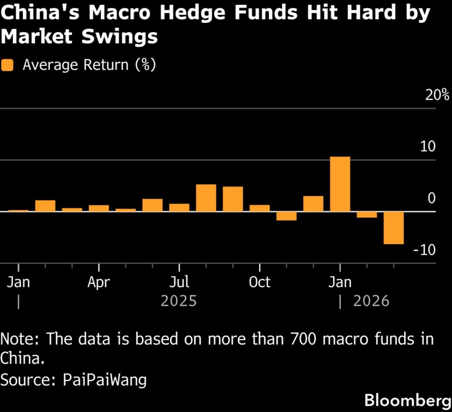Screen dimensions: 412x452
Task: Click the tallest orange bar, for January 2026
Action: pos(340,184)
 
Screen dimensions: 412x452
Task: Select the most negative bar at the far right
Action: pos(393,228)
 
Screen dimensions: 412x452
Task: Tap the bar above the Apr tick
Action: pos(99,208)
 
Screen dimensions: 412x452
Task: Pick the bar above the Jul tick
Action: pos(179,207)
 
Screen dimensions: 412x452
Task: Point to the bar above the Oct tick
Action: pos(260,208)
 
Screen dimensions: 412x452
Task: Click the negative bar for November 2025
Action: pos(286,216)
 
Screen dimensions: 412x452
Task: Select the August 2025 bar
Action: pos(206,198)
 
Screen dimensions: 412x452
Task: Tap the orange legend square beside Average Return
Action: pos(8,65)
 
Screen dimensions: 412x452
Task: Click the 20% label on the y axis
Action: pos(437,95)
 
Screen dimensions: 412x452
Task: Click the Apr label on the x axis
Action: pos(98,282)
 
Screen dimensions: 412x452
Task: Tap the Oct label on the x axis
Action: pos(260,282)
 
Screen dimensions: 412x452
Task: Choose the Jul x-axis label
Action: pos(179,282)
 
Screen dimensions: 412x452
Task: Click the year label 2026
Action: pos(371,301)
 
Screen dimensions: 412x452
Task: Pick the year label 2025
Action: pos(178,301)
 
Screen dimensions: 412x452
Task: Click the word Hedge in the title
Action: pos(187,13)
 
